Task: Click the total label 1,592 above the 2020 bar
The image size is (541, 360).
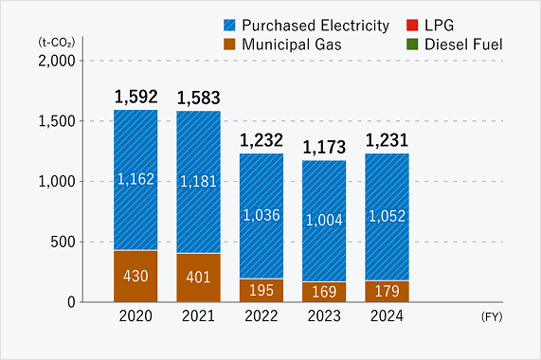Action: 135,97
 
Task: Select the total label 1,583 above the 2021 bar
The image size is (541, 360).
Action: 198,98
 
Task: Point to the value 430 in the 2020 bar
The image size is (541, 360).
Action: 135,277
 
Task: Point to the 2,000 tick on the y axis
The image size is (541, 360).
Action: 58,61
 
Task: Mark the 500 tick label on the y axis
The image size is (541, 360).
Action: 64,242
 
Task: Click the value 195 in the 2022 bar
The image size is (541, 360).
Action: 261,291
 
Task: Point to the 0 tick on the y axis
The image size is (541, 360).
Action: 72,302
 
